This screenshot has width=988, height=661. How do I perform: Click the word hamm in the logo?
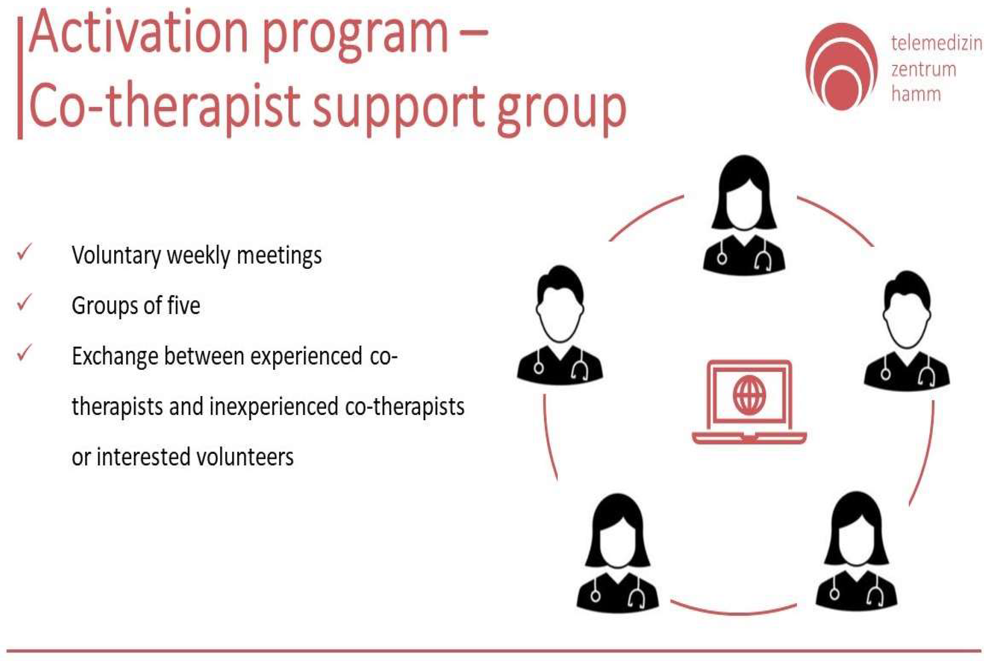coord(916,94)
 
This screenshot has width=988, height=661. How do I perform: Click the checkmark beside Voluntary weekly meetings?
coord(24,252)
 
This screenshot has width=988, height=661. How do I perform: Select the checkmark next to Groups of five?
coord(24,302)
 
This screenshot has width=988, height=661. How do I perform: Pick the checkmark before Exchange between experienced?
coord(24,353)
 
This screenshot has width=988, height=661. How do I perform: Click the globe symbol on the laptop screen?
coord(749,395)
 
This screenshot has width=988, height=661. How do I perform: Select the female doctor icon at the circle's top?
coord(744,215)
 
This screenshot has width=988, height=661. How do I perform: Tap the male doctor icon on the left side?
coord(560,325)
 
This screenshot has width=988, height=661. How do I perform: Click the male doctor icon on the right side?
coord(907,331)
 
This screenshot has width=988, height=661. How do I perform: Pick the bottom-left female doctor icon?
coord(617,552)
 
